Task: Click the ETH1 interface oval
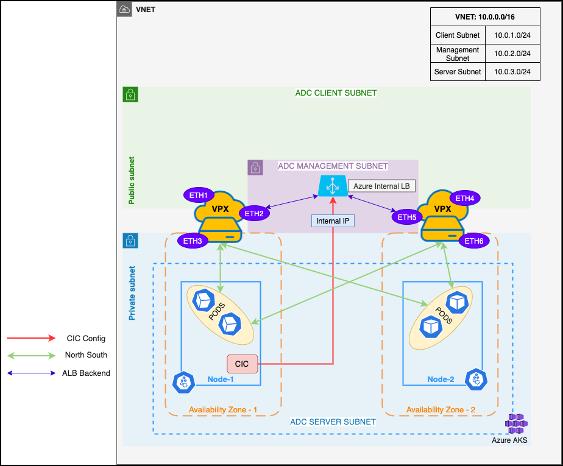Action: click(199, 196)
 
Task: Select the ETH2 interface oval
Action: click(254, 213)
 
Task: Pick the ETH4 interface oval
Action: click(465, 198)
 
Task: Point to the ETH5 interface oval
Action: click(407, 216)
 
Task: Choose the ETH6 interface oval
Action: click(473, 241)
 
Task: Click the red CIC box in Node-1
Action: click(242, 364)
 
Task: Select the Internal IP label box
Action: click(333, 221)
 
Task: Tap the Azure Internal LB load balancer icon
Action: click(333, 185)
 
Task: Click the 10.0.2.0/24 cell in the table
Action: click(512, 54)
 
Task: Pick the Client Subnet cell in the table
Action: click(458, 35)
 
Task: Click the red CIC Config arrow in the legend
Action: click(31, 338)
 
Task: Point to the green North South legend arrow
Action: click(31, 355)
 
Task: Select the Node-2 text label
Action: click(441, 379)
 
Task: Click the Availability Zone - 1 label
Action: click(223, 409)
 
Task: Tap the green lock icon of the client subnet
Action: click(130, 94)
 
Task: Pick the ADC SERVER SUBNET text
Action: click(333, 422)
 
